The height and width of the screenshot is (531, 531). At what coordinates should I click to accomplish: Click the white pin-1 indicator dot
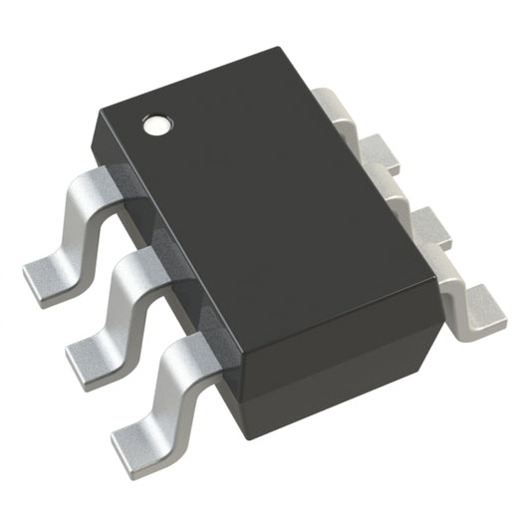pos(157,127)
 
